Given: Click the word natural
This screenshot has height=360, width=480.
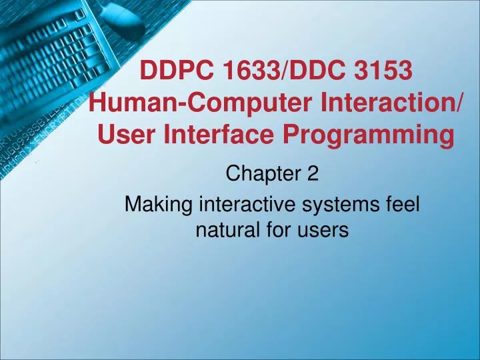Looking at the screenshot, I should [x=223, y=231].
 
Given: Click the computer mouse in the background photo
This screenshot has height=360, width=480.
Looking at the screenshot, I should [x=124, y=13].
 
